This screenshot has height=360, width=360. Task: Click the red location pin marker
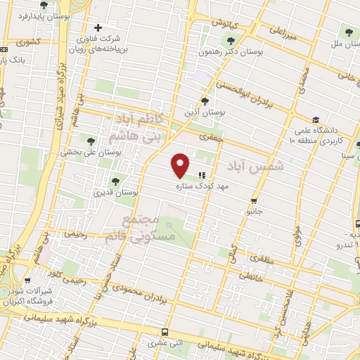point(181,165)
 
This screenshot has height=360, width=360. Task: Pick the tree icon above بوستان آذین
point(205,101)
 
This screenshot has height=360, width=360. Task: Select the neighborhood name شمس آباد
point(256,165)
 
